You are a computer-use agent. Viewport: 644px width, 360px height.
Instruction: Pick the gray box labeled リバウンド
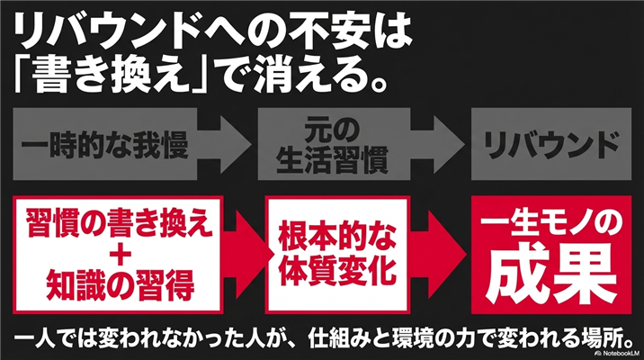[x=545, y=143]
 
